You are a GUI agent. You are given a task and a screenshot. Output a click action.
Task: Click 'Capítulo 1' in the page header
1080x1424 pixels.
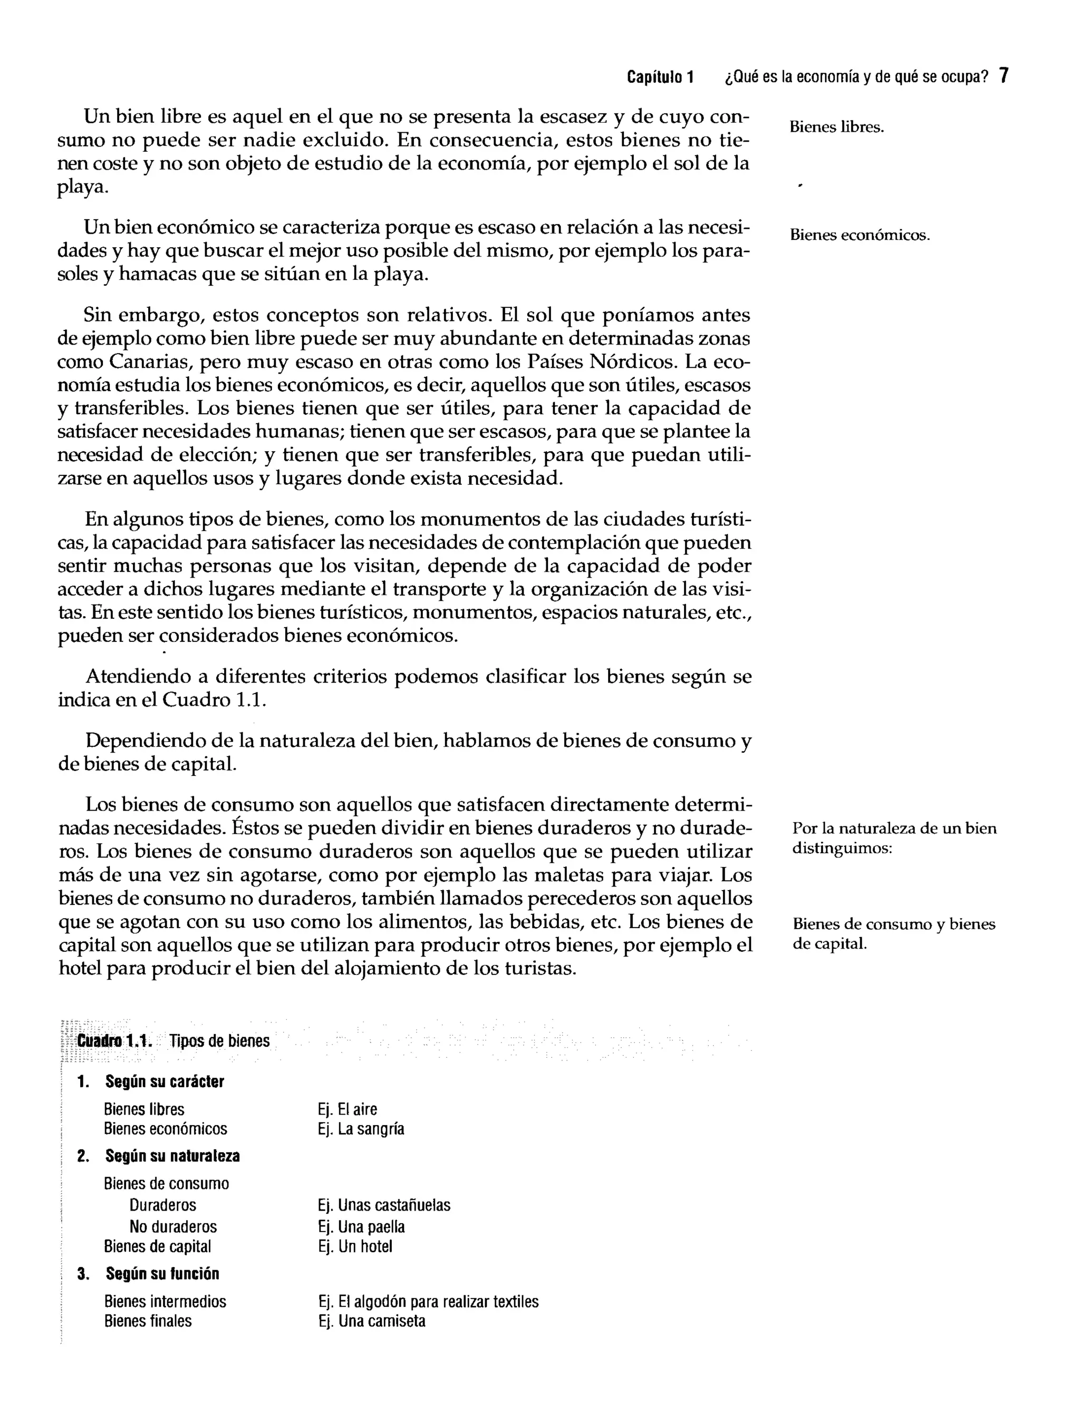point(660,78)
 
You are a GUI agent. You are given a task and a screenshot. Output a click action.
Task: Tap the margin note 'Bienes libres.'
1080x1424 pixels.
point(836,128)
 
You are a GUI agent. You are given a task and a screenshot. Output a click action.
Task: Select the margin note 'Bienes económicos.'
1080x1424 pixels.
point(860,236)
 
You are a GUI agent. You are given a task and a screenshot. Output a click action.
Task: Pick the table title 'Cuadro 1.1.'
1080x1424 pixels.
point(114,1041)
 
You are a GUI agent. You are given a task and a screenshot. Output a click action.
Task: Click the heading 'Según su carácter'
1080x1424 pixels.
point(165,1081)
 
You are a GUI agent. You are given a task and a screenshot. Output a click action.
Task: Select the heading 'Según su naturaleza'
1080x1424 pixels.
point(172,1156)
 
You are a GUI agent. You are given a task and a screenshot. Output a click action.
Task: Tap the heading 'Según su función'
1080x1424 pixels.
point(162,1274)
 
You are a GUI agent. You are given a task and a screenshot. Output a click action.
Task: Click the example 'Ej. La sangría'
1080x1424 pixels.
point(361,1129)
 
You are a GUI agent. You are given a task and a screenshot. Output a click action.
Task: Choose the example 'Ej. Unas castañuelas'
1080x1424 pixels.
point(384,1206)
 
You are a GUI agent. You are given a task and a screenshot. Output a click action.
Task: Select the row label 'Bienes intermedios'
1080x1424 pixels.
point(166,1302)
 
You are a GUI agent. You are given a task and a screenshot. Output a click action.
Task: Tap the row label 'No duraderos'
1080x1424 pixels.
point(173,1227)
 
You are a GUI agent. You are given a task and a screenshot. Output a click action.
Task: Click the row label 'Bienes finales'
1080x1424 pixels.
point(148,1321)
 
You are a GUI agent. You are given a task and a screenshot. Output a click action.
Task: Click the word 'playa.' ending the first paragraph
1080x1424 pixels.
point(82,188)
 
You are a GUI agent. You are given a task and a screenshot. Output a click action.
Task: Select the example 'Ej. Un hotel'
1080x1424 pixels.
point(355,1246)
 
